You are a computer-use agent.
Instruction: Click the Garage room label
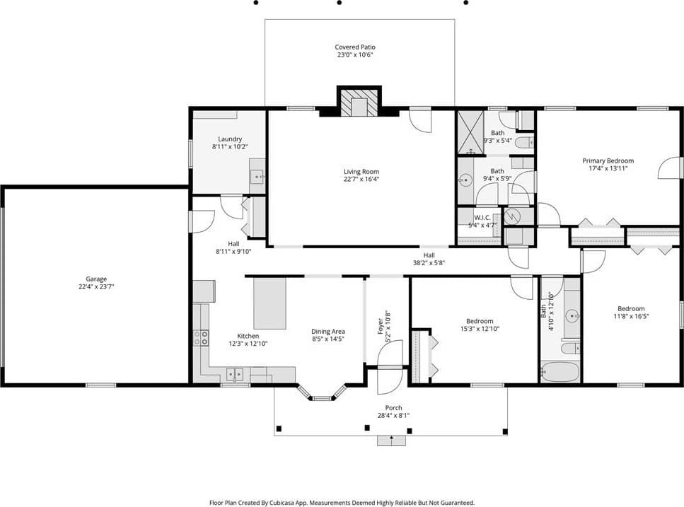point(96,279)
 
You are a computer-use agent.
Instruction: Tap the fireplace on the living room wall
point(359,102)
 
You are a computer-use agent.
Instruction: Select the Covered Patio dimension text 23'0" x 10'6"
point(355,55)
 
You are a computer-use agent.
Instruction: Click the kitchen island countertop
point(270,303)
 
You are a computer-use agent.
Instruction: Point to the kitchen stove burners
point(201,338)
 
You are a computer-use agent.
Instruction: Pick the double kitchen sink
point(235,374)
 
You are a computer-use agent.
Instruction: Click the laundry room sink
point(257,177)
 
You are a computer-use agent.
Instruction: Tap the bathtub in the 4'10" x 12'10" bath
point(560,372)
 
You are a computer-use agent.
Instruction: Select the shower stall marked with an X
point(470,132)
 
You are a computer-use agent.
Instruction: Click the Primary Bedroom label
point(608,161)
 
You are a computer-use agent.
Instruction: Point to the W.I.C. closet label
point(482,218)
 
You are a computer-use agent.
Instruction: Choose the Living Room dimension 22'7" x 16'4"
point(361,179)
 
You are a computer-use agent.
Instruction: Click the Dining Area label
point(328,332)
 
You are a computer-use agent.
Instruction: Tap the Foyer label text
point(381,326)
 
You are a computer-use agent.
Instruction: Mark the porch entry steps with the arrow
point(391,441)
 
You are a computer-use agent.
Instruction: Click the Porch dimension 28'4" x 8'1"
point(393,416)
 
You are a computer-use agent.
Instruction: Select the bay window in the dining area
point(322,392)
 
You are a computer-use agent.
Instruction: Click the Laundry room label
point(230,139)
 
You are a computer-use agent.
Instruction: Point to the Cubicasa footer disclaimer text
point(342,503)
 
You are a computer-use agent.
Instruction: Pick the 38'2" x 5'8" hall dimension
point(429,263)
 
